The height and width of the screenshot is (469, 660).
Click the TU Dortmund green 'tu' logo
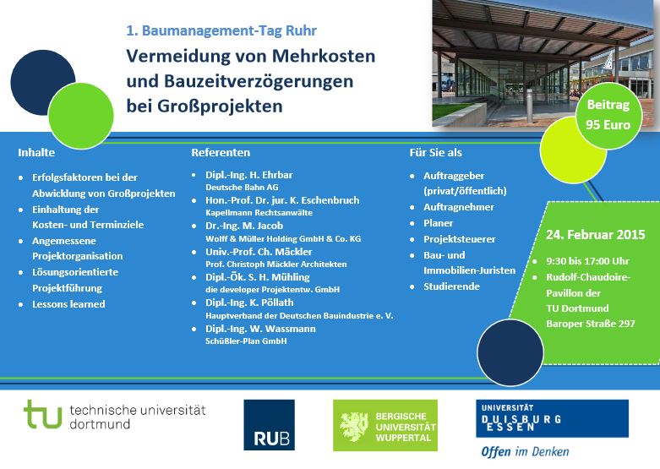43,414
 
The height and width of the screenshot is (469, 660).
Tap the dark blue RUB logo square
269,425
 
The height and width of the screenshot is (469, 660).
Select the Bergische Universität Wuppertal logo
385,425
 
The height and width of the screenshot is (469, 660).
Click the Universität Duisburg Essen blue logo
552,418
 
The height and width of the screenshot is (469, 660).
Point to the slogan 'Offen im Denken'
525,452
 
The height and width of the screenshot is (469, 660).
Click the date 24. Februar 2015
595,235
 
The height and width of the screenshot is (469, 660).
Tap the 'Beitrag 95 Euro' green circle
608,116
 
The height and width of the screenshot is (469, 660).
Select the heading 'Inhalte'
36,152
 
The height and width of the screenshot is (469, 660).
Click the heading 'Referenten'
221,152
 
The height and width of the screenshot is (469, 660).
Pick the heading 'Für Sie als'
436,152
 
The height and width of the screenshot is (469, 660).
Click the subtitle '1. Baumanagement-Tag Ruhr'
221,30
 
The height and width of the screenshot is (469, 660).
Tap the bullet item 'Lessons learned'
68,304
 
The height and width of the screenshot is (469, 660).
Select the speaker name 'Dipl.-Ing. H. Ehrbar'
248,175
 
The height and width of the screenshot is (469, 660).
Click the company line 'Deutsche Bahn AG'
242,188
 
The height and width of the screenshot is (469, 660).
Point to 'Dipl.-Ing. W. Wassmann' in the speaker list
260,329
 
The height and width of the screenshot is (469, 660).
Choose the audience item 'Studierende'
451,286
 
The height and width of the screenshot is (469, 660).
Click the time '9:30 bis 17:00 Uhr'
587,261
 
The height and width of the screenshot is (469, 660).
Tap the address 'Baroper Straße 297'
591,324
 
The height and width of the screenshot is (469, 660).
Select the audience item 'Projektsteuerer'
460,239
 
